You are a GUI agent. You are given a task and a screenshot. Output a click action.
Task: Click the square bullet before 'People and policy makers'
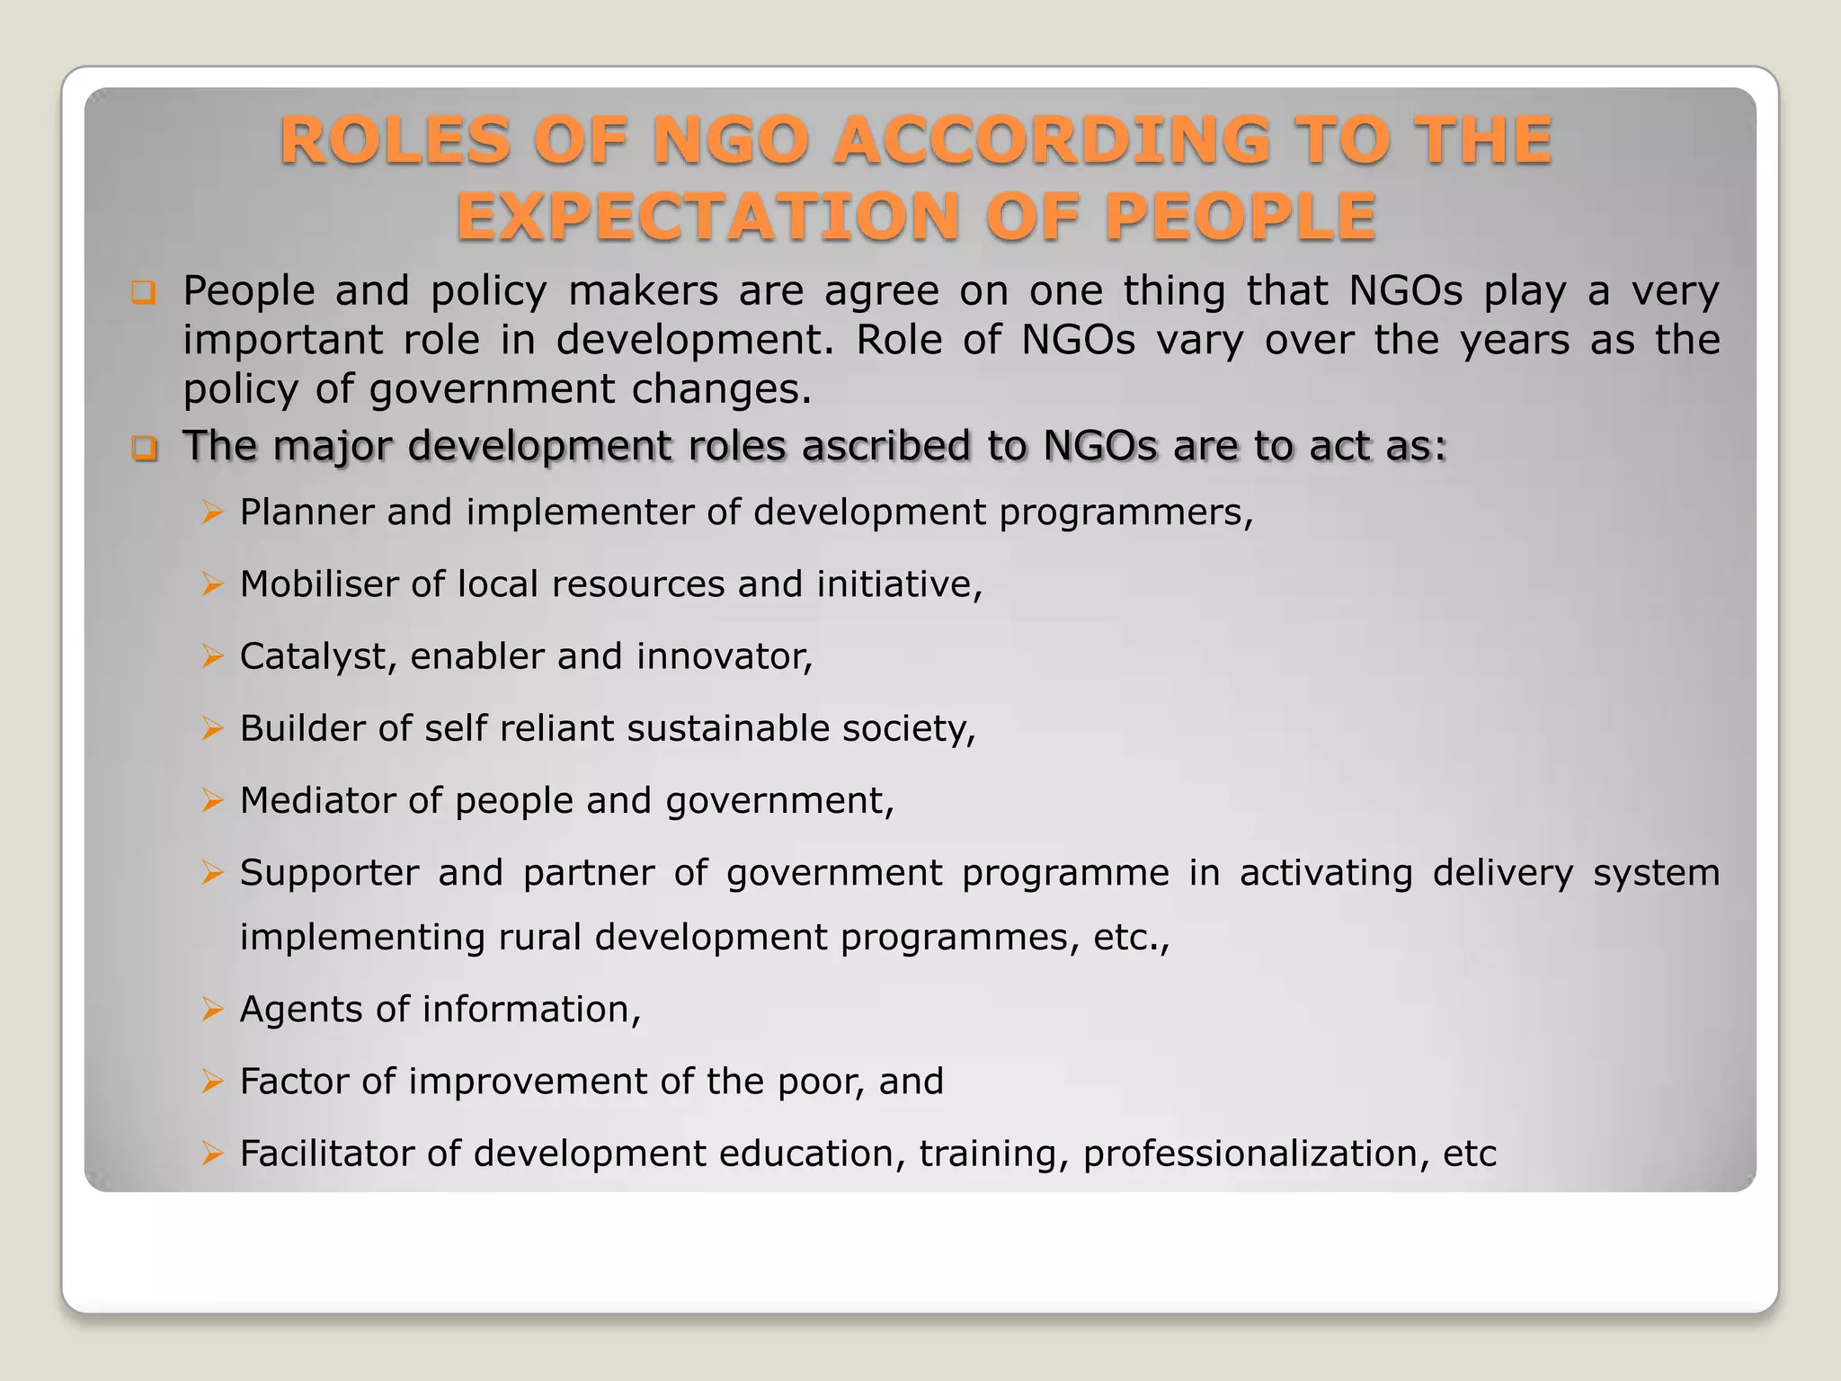[x=143, y=292]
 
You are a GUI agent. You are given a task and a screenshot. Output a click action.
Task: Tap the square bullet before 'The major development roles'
[x=143, y=447]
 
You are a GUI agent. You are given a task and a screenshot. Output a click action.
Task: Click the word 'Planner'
[x=307, y=512]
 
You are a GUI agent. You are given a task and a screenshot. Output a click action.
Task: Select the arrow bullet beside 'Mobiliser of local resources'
[x=212, y=584]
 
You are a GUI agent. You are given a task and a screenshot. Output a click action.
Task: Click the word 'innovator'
[x=724, y=656]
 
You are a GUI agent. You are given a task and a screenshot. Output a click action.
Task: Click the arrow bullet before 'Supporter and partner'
[x=212, y=873]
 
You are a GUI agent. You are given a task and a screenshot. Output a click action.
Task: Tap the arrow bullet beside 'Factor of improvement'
[x=212, y=1082]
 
